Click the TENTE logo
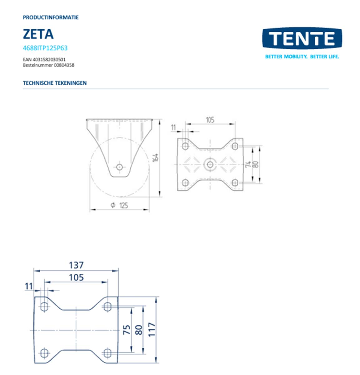pyautogui.click(x=302, y=38)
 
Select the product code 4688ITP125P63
pyautogui.click(x=45, y=48)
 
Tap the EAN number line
pyautogui.click(x=44, y=59)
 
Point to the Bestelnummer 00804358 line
pyautogui.click(x=48, y=65)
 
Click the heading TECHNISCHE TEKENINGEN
pyautogui.click(x=55, y=83)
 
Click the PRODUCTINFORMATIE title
pyautogui.click(x=51, y=17)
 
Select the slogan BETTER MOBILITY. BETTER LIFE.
pyautogui.click(x=302, y=57)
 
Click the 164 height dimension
pyautogui.click(x=155, y=157)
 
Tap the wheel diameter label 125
pyautogui.click(x=124, y=205)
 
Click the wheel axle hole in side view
pyautogui.click(x=119, y=167)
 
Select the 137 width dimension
pyautogui.click(x=76, y=265)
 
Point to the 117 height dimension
pyautogui.click(x=152, y=330)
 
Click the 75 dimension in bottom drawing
pyautogui.click(x=127, y=330)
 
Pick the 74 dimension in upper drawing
pyautogui.click(x=248, y=164)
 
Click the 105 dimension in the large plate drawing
pyautogui.click(x=76, y=277)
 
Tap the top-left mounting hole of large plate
pyautogui.click(x=44, y=307)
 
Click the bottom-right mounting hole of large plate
pyautogui.click(x=107, y=353)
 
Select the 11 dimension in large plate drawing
pyautogui.click(x=29, y=286)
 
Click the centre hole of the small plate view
pyautogui.click(x=209, y=164)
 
